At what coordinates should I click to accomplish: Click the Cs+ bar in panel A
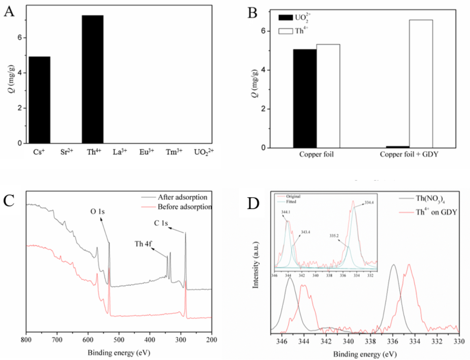point(39,100)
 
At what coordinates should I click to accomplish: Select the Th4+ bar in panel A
point(93,80)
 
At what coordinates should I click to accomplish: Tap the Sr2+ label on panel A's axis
point(66,152)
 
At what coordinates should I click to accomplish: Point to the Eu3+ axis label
point(147,152)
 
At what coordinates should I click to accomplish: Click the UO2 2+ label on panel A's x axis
point(204,152)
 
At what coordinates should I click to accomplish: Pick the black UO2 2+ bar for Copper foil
point(305,99)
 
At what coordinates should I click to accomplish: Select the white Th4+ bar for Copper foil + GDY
point(421,84)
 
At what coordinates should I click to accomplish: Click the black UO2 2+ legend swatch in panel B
point(286,17)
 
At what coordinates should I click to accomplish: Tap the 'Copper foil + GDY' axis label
point(409,155)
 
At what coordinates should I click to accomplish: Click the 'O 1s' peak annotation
point(97,211)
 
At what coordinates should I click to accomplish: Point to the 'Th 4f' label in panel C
point(143,244)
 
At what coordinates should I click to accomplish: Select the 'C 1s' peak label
point(161,223)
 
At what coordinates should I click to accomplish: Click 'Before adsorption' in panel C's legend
point(184,207)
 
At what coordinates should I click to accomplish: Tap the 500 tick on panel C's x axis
point(119,340)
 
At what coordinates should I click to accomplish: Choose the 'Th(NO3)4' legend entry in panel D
point(430,199)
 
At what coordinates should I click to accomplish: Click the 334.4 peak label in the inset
point(369,203)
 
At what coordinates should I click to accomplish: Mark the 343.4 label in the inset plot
point(305,232)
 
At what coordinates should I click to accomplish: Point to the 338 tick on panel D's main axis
point(370,342)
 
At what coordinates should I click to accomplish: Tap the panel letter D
point(253,204)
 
